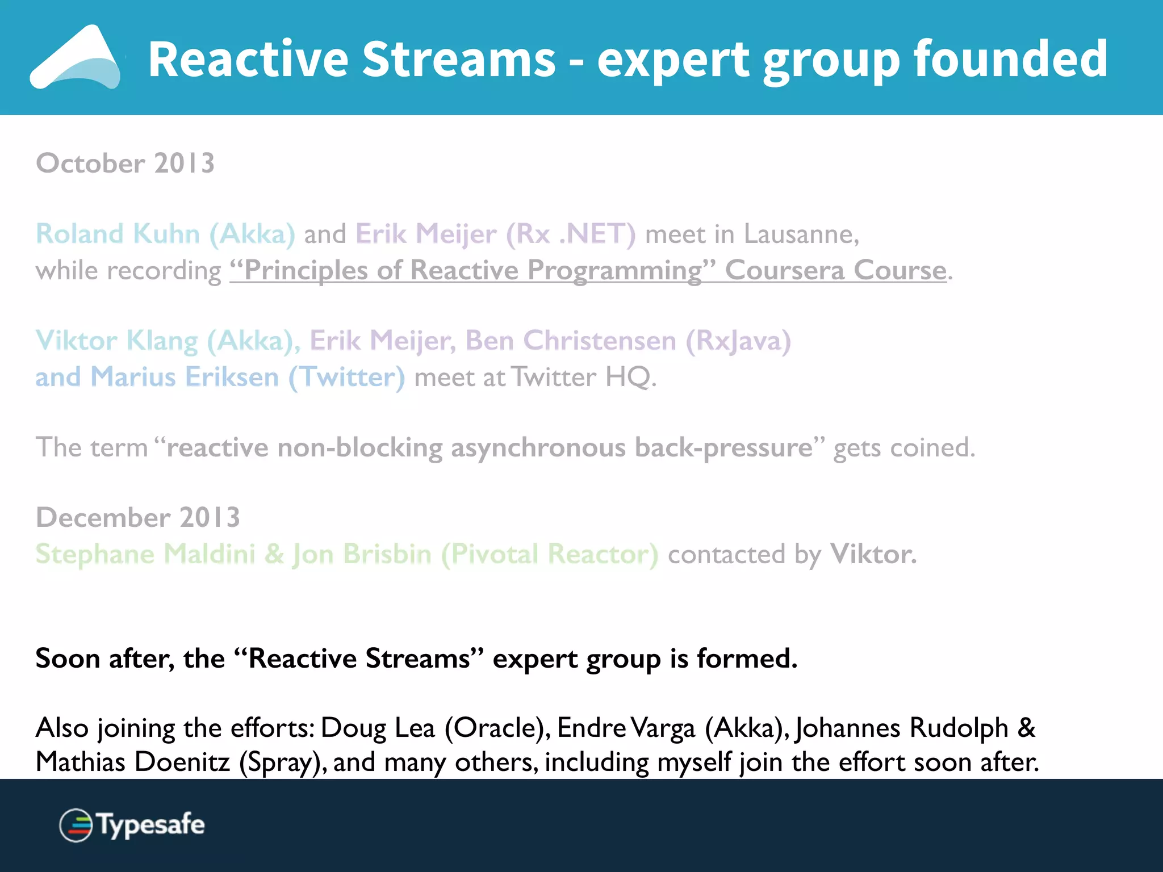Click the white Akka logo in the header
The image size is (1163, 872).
click(x=77, y=58)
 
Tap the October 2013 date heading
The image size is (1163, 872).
click(x=125, y=163)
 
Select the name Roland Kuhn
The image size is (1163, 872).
click(x=118, y=234)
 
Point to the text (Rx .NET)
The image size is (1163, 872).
click(x=570, y=234)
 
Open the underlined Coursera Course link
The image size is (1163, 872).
click(x=835, y=270)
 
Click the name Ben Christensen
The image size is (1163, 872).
click(x=571, y=341)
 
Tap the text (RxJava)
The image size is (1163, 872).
click(x=738, y=341)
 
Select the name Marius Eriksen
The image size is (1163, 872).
click(x=185, y=377)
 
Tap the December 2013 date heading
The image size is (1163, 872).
click(x=138, y=518)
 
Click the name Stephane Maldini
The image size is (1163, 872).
click(x=145, y=554)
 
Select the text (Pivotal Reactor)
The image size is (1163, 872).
click(x=550, y=554)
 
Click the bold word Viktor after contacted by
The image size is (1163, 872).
click(x=872, y=554)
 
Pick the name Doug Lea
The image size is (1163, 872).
click(x=378, y=728)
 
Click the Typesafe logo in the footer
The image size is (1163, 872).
click(x=132, y=825)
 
